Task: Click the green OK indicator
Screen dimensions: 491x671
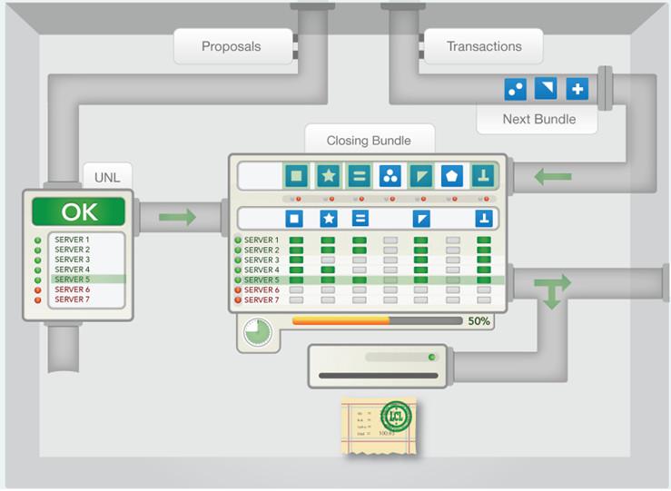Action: [78, 212]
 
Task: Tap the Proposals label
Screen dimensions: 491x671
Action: [231, 46]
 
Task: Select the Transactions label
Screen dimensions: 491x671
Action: [484, 46]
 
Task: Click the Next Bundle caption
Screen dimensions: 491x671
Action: [538, 119]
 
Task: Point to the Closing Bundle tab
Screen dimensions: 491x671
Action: [369, 141]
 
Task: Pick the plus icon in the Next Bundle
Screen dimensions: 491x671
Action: [577, 89]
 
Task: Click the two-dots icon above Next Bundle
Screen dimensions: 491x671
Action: [516, 89]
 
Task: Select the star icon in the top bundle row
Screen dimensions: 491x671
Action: [328, 175]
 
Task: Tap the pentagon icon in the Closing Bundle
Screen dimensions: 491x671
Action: [451, 175]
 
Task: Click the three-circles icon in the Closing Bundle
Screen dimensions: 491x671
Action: [390, 175]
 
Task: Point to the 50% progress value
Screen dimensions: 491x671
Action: [479, 321]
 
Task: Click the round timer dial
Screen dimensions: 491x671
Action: [258, 332]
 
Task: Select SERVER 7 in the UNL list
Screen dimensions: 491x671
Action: [72, 300]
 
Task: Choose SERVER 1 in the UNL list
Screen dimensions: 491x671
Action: [72, 240]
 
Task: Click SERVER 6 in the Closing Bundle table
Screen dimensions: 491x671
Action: [261, 290]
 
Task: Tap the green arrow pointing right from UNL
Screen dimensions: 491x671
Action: [177, 218]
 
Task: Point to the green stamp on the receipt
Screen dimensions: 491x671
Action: [395, 417]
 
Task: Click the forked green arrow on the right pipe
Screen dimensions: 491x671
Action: [551, 291]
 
